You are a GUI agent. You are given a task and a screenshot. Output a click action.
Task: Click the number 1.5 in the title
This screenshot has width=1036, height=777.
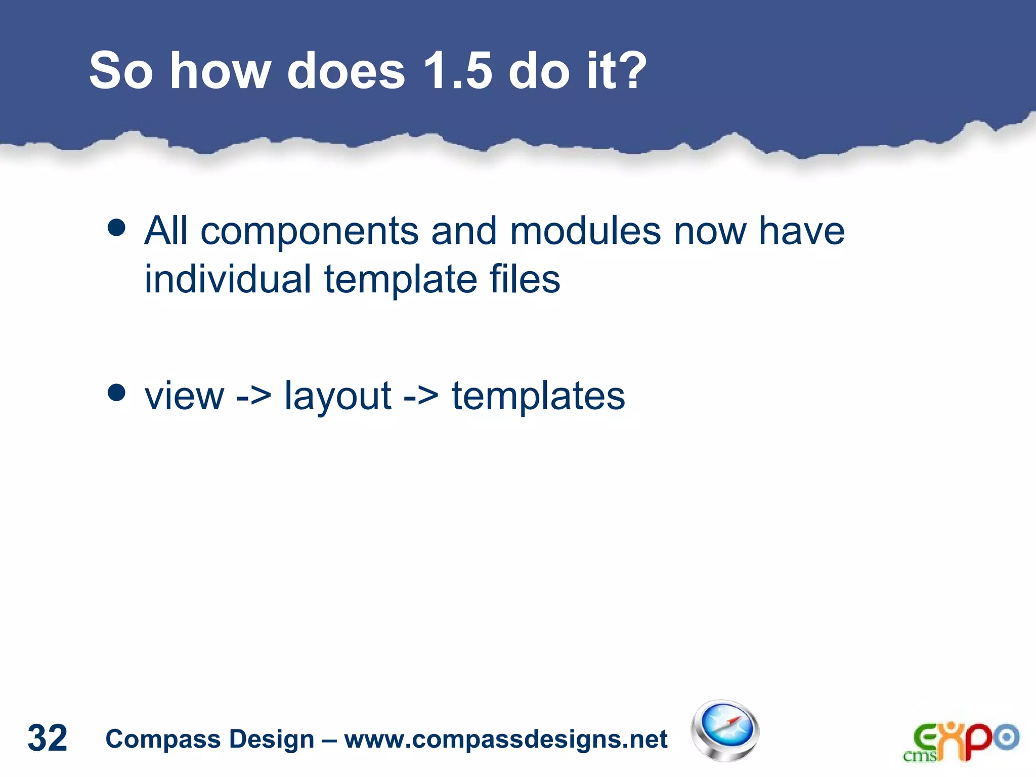[457, 71]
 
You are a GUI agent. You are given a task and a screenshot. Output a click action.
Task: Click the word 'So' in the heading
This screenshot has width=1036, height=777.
[120, 71]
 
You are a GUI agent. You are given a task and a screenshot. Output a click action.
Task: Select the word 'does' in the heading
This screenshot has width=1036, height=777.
[346, 71]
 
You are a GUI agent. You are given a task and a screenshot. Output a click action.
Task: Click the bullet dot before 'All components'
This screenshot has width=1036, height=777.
[117, 228]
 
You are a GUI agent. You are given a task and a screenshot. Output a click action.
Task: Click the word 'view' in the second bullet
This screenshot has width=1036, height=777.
[184, 396]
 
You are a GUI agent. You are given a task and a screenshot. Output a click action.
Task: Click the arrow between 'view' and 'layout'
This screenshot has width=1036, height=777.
[253, 396]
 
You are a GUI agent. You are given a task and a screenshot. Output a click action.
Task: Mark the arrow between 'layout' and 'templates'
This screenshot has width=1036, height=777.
[421, 396]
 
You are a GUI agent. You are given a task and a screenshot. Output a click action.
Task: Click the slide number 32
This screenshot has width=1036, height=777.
[47, 738]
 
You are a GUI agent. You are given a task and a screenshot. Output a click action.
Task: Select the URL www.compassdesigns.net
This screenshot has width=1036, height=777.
[506, 739]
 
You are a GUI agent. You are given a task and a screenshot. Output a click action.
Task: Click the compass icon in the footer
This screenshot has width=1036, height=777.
[724, 730]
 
